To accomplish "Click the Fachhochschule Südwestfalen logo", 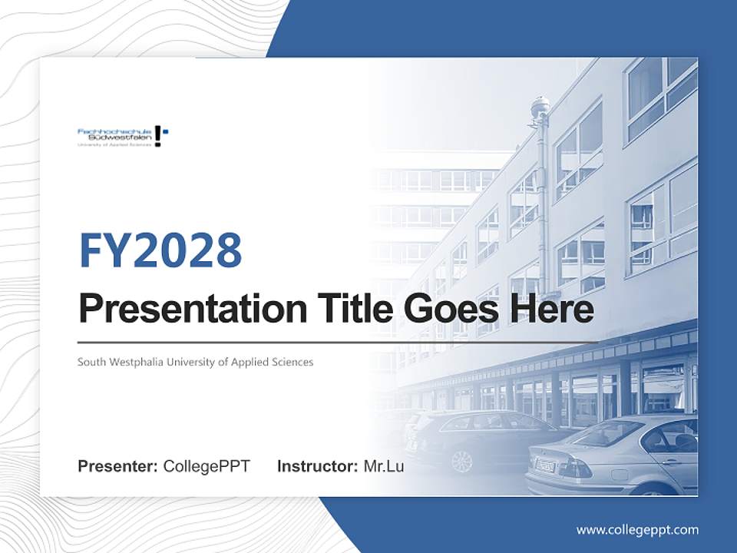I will [122, 136].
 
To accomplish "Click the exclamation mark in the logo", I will [158, 135].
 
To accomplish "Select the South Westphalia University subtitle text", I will [195, 362].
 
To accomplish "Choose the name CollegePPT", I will [207, 466].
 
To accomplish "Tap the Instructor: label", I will [317, 466].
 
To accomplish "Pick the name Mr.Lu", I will [384, 466].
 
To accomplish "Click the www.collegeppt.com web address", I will [637, 529].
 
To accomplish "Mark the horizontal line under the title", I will [338, 342].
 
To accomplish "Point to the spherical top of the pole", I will [540, 104].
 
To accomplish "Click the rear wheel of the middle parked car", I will [461, 460].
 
